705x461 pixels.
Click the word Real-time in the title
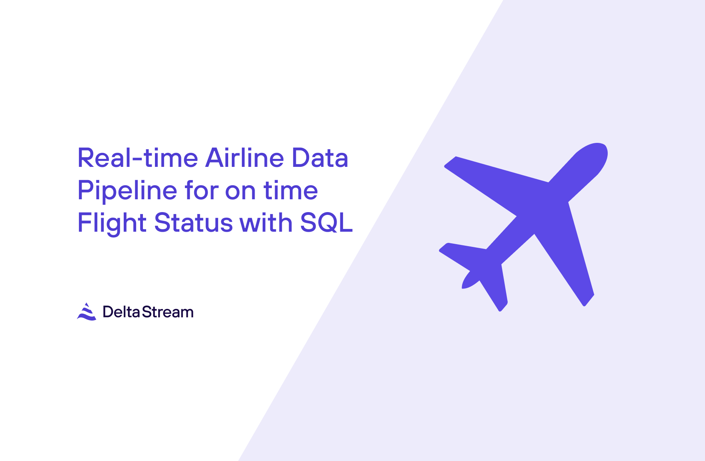[137, 158]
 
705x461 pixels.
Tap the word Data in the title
[319, 158]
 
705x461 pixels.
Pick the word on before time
[240, 191]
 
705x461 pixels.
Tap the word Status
[193, 223]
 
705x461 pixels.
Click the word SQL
[326, 223]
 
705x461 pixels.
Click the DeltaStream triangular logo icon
[86, 312]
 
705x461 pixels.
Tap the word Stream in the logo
[168, 312]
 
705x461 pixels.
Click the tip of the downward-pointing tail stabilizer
[502, 307]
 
